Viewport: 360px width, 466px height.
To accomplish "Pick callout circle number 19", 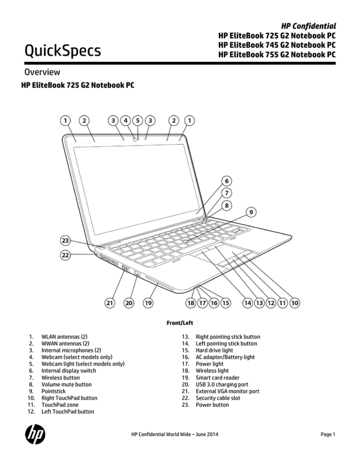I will click(x=148, y=303).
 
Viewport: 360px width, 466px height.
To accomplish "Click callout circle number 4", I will click(x=126, y=120).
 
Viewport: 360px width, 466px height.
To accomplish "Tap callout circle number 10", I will click(x=295, y=303).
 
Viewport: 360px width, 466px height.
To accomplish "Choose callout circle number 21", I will click(x=109, y=303).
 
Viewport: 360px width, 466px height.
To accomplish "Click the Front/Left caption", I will click(x=180, y=323).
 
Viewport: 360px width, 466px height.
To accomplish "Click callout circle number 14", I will click(x=249, y=303).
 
